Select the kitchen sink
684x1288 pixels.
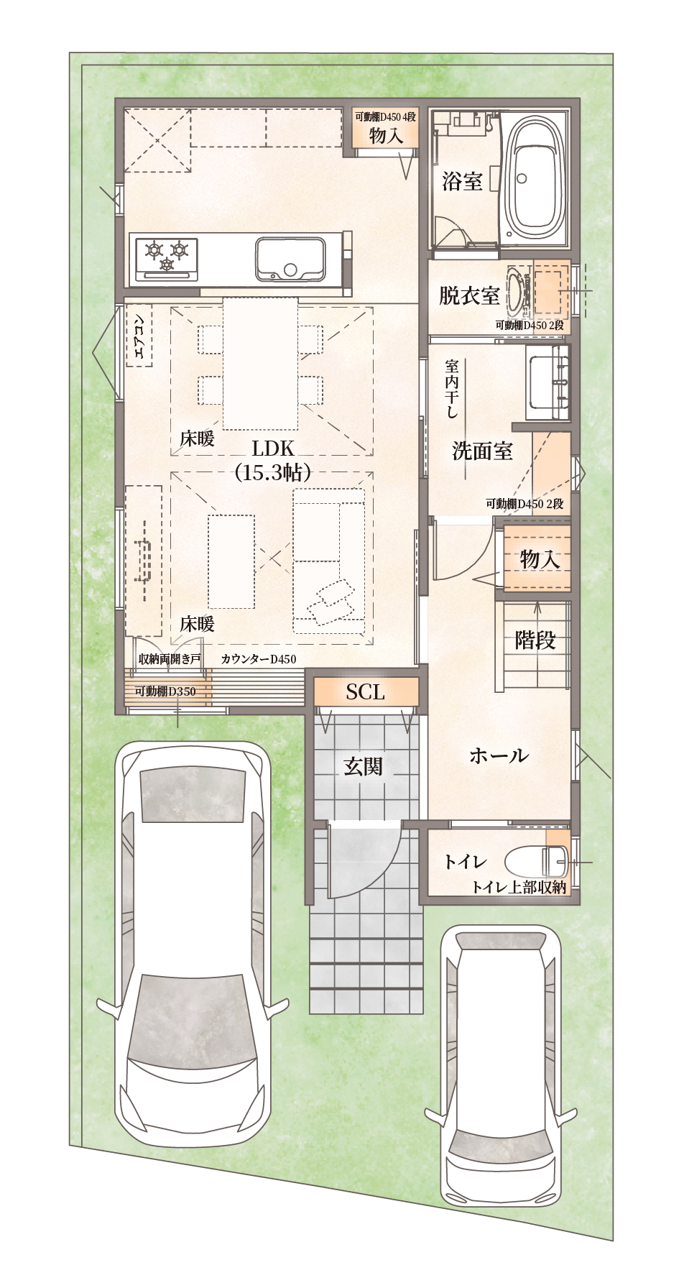(290, 259)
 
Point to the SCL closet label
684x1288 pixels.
(366, 691)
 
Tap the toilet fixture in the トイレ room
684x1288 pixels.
(537, 860)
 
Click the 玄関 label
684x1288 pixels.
(364, 767)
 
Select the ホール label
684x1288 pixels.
(499, 755)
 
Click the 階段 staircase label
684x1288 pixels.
(535, 640)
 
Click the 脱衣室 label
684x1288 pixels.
(469, 295)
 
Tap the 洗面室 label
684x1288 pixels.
(482, 451)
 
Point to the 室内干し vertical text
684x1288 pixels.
(452, 389)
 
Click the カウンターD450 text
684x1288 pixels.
(259, 659)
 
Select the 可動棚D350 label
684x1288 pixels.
(165, 691)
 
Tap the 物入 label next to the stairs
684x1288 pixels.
(540, 558)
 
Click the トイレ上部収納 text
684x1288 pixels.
(519, 888)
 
